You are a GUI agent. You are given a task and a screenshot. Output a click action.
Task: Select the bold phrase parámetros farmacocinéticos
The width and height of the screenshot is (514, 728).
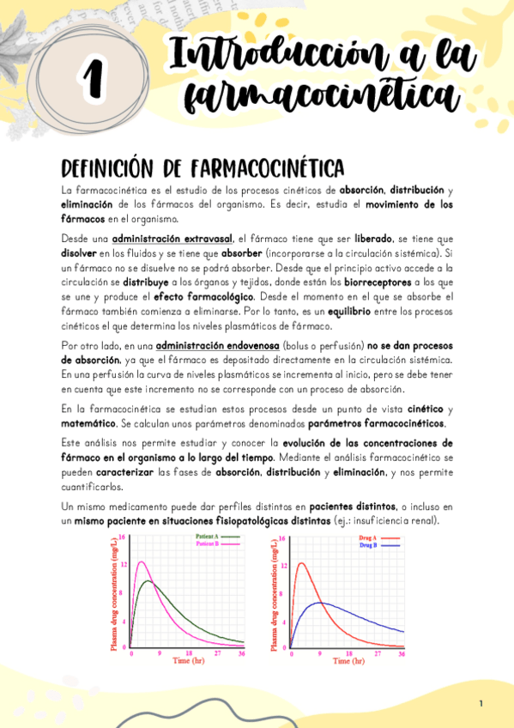pos(377,424)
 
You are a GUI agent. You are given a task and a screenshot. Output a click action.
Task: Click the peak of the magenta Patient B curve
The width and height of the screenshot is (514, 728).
pos(140,562)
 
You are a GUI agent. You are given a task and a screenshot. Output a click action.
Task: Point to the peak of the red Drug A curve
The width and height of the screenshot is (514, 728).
pos(300,563)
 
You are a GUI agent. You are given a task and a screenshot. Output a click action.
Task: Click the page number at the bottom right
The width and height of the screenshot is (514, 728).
pos(481,704)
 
